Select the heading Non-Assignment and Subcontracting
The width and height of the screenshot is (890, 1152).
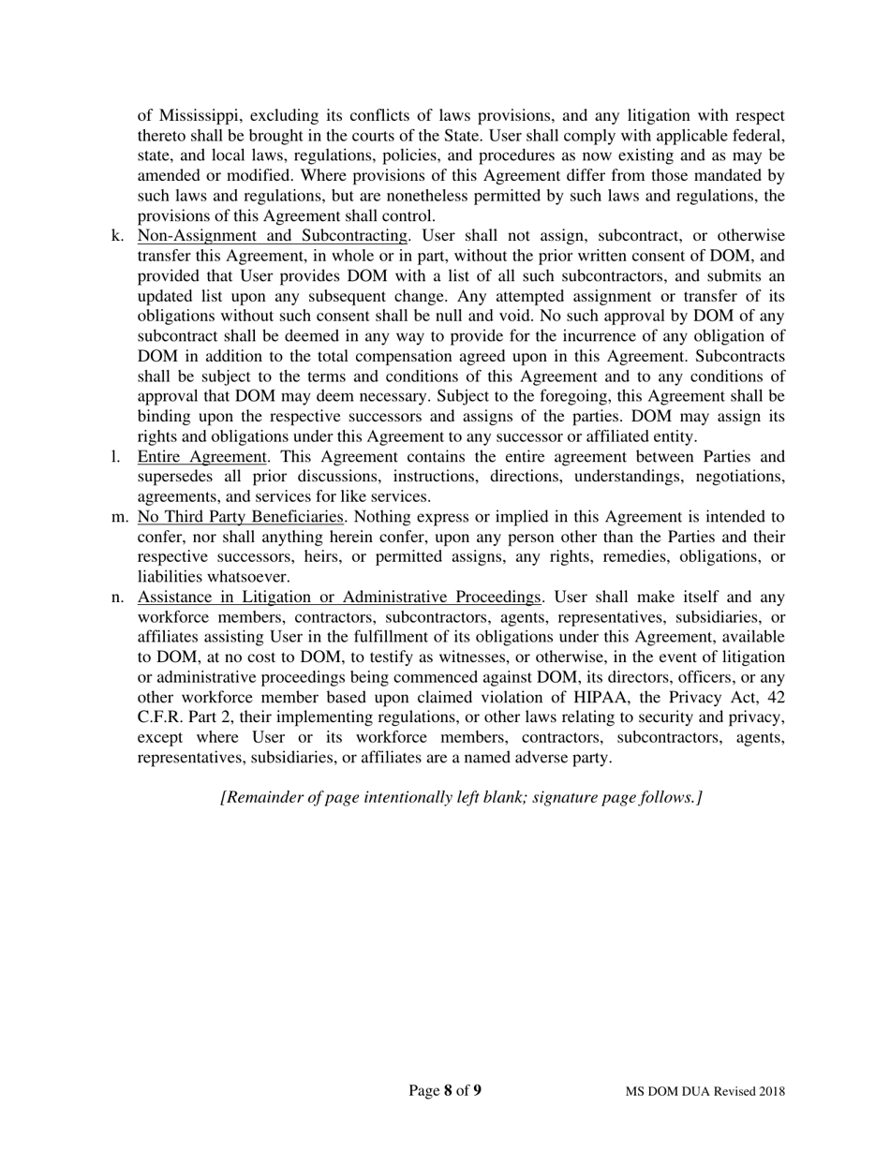tap(273, 235)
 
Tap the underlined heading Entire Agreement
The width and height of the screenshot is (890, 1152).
tap(201, 457)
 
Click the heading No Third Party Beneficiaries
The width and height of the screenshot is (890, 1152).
tap(241, 517)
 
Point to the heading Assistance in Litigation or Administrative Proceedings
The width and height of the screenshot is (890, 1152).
tap(339, 598)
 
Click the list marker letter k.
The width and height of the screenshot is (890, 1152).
tap(117, 235)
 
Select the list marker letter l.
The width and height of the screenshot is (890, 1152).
tap(115, 457)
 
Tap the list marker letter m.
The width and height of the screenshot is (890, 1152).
tap(119, 517)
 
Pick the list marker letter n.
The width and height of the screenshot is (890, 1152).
tap(117, 598)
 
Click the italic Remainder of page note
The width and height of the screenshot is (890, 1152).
tap(461, 797)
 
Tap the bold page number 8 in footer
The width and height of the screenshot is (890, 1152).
tap(448, 1090)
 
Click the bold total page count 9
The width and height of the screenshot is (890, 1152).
tap(477, 1090)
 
